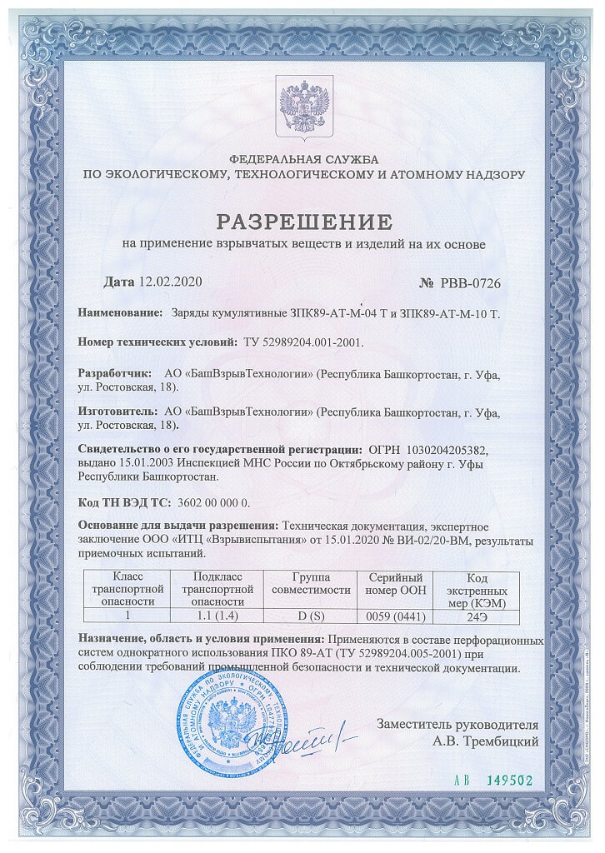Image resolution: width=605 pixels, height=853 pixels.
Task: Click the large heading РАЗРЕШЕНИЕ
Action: tap(302, 222)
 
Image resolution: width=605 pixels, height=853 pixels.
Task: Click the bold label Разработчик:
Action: tap(115, 374)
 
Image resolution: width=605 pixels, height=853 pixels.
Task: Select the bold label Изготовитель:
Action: tap(117, 411)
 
